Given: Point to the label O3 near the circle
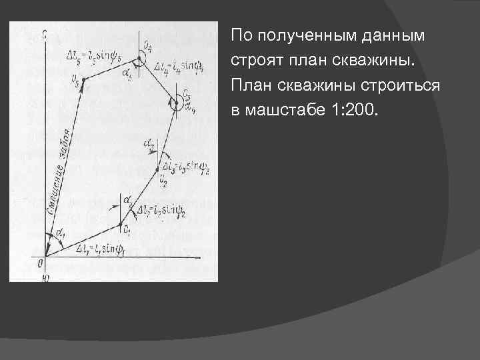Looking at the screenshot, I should [187, 94].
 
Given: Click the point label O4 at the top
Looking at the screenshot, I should [147, 45].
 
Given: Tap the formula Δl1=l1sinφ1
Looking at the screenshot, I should [101, 250].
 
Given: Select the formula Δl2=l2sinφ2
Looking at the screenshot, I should [160, 211].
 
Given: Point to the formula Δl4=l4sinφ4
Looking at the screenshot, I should [179, 66].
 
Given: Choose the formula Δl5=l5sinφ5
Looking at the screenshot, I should [95, 53].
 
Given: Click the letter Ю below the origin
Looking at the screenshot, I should [44, 274].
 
